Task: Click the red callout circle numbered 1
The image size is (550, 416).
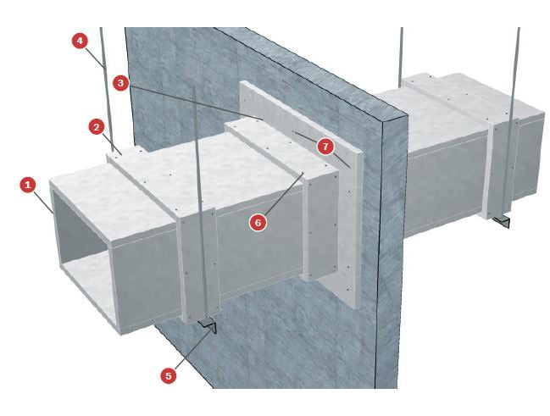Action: pos(28,185)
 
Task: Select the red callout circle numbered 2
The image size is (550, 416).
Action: pos(97,127)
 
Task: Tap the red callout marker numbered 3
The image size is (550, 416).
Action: pos(120,84)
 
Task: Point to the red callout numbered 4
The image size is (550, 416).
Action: pos(80,41)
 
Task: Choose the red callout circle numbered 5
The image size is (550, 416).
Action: pos(169,375)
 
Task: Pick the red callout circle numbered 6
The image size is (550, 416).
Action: pos(258,223)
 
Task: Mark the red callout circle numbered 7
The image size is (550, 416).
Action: pos(326,147)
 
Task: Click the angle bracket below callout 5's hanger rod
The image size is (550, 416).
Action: pos(208,326)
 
